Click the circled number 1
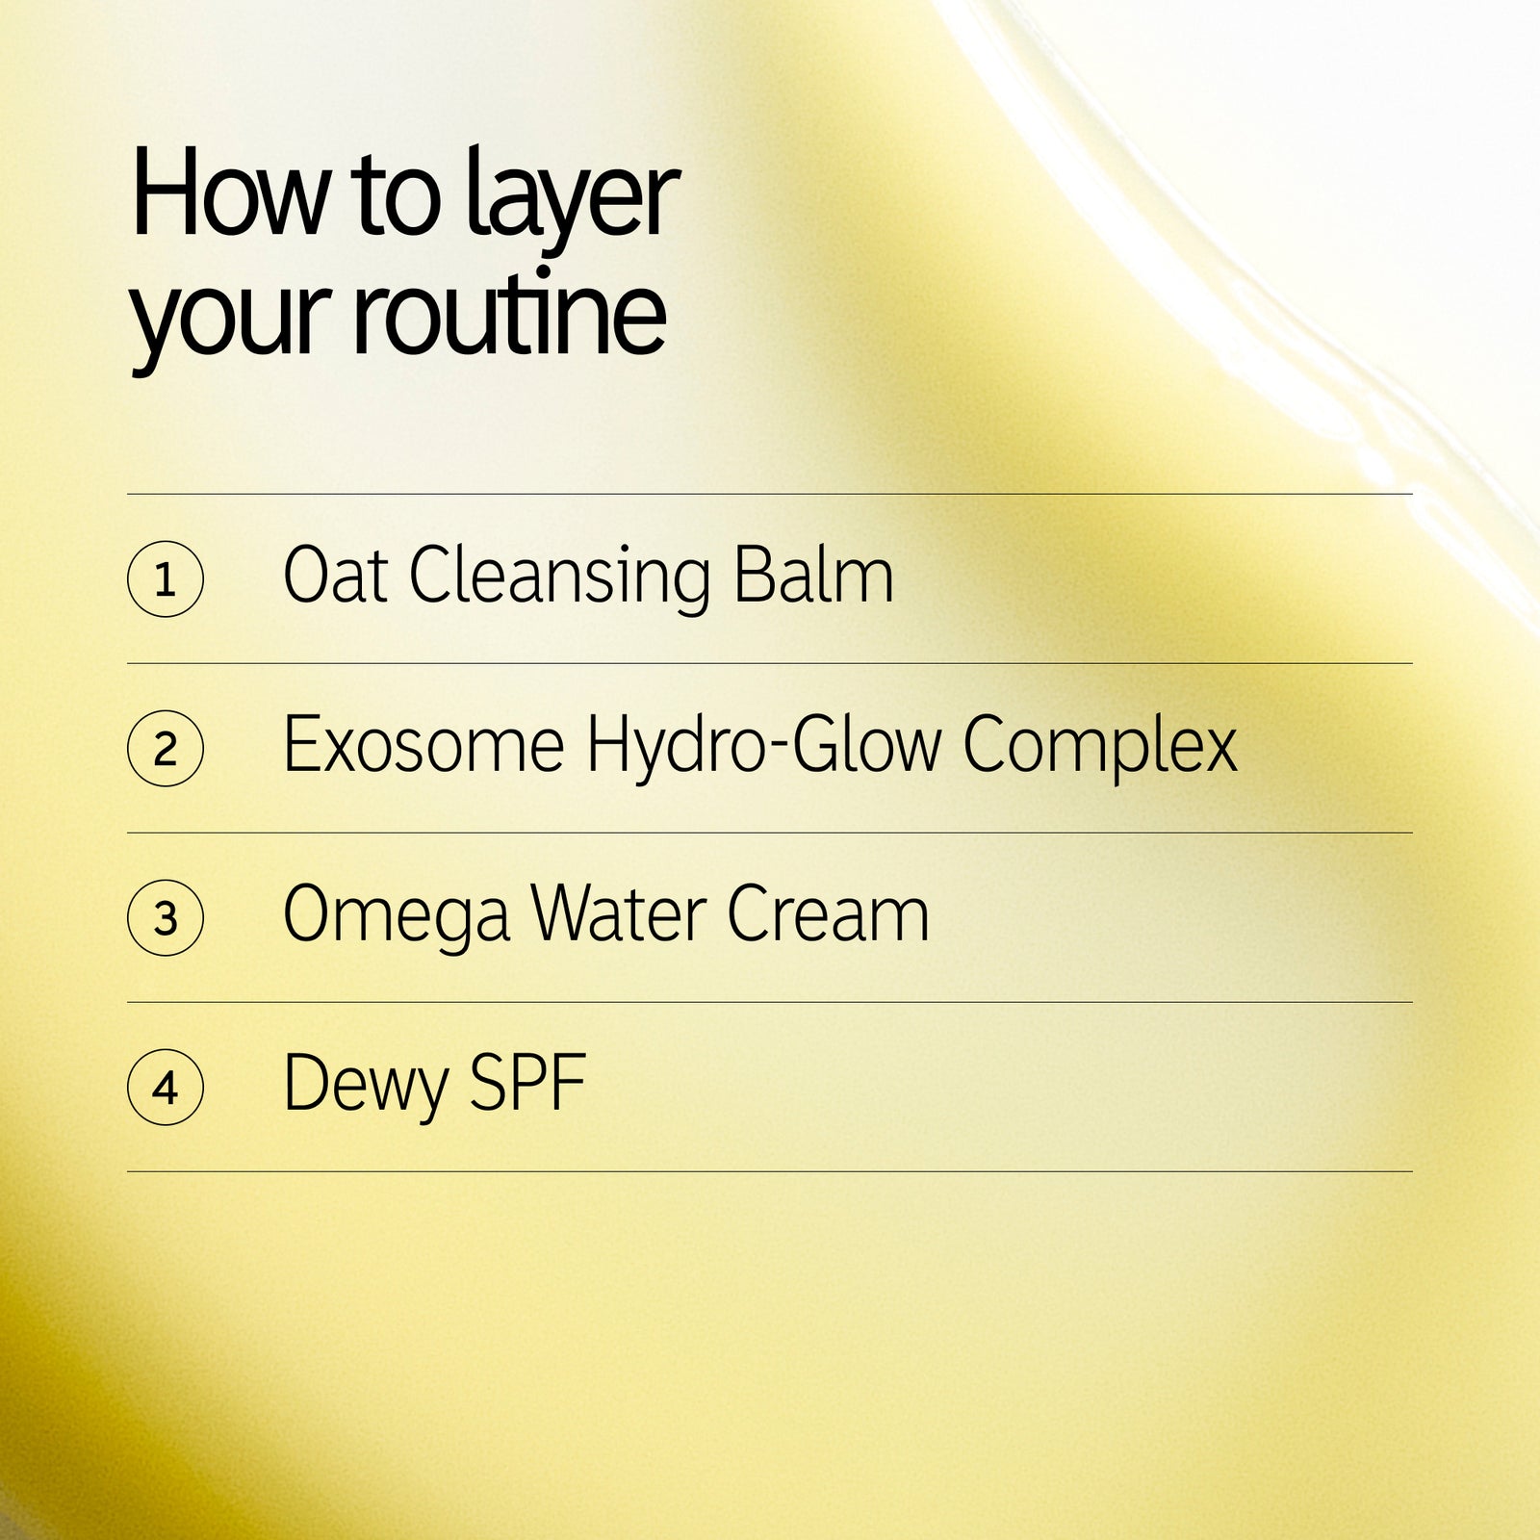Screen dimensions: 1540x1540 coord(166,579)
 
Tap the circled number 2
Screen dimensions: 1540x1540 coord(166,749)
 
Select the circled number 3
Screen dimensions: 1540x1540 coord(166,918)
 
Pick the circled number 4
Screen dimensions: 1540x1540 coord(166,1088)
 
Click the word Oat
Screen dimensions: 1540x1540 coord(336,576)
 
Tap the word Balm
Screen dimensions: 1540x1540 coord(814,575)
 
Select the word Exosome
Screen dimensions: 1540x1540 coord(423,745)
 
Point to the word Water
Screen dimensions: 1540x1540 coord(619,914)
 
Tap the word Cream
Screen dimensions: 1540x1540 coord(829,914)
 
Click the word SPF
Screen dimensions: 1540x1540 coord(528,1084)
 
